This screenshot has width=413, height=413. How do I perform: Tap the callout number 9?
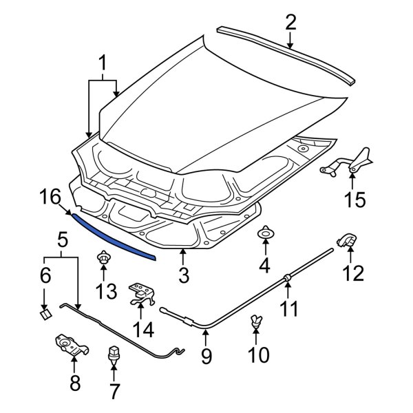[205, 357]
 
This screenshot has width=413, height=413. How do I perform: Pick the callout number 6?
[45, 276]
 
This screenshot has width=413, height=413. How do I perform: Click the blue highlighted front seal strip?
[114, 236]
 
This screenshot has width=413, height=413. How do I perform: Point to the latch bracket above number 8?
[69, 343]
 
